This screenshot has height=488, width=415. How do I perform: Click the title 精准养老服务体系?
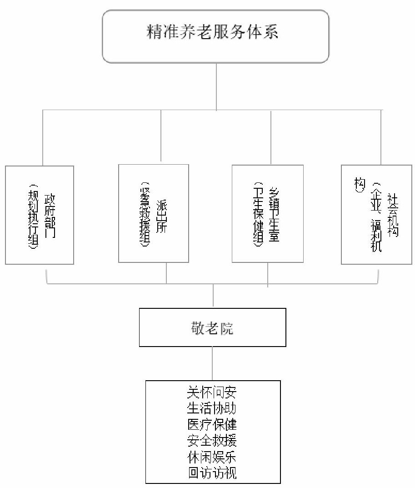[212, 33]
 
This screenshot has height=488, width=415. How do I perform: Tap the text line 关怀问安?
[212, 391]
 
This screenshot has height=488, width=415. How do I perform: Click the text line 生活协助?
[212, 407]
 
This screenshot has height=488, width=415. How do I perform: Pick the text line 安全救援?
[212, 440]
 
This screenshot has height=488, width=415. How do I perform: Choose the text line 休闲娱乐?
[212, 457]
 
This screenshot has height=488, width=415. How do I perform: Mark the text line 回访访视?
[212, 473]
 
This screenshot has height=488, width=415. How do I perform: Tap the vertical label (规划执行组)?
[33, 216]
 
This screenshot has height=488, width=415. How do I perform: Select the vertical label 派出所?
[161, 216]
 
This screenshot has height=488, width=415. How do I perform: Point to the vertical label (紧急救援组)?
[145, 216]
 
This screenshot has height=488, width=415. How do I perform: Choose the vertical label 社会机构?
[392, 214]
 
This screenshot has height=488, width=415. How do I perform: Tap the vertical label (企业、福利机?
[375, 216]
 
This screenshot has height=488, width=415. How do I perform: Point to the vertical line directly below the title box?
[216, 86]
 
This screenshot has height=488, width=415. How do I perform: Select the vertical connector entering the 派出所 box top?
[161, 136]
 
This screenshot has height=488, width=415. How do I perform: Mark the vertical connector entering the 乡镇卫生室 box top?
[271, 136]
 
